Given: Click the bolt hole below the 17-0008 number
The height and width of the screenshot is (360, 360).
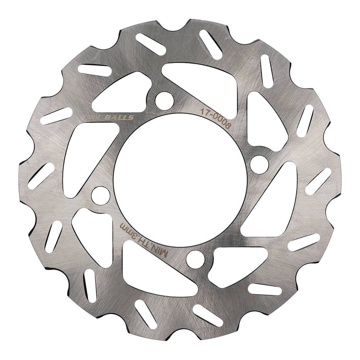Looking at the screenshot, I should pyautogui.click(x=260, y=163).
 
